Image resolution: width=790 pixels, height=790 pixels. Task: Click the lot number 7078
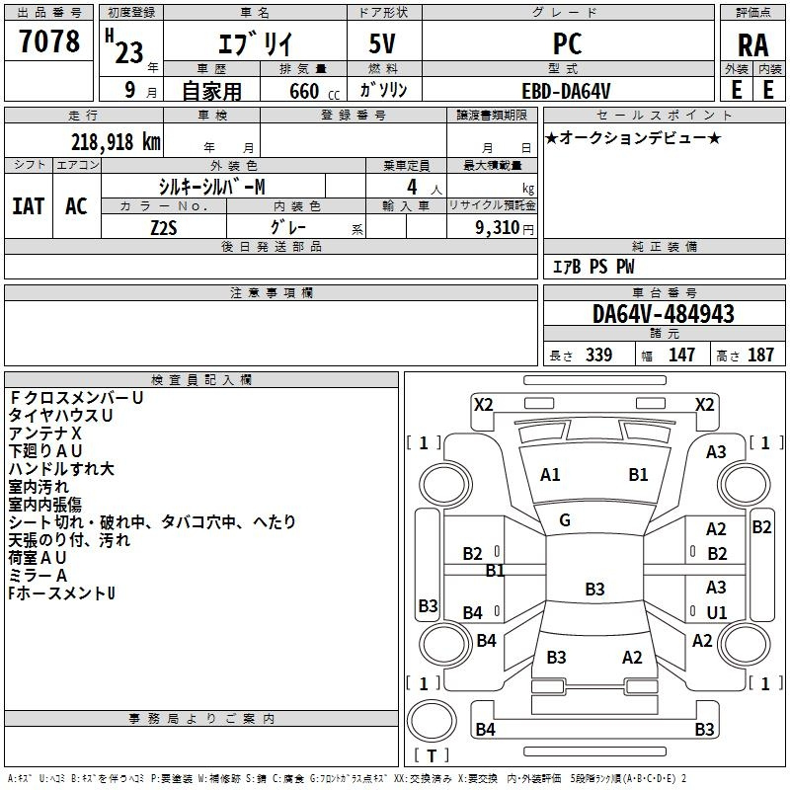[49, 42]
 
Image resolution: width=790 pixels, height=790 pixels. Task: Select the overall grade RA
[752, 45]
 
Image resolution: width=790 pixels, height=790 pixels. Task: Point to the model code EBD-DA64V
[566, 90]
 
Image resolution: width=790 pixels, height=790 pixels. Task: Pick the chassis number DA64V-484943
[664, 314]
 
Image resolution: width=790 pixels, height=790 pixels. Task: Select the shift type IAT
[28, 206]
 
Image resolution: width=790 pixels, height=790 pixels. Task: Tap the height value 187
[760, 355]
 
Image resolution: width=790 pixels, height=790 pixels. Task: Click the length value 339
[597, 355]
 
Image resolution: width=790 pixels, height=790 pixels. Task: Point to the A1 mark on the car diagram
[550, 475]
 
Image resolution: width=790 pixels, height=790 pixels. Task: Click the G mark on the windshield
[565, 520]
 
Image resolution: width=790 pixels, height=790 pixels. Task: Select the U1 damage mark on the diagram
[717, 612]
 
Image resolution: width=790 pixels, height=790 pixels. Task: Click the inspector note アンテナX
[45, 434]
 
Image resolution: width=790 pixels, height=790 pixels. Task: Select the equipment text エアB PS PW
[593, 267]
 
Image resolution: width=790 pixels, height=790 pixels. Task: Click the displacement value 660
[303, 92]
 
